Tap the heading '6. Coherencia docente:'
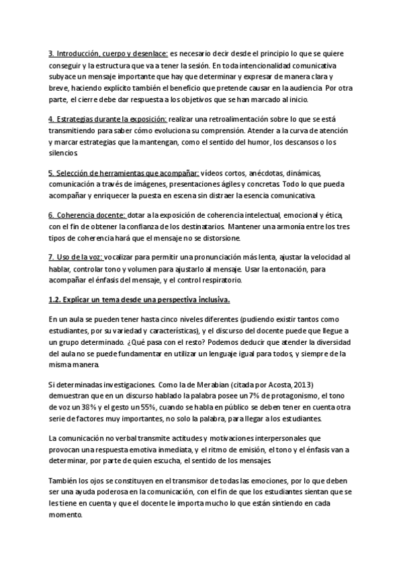[x=87, y=214]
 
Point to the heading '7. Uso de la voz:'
[x=76, y=257]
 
